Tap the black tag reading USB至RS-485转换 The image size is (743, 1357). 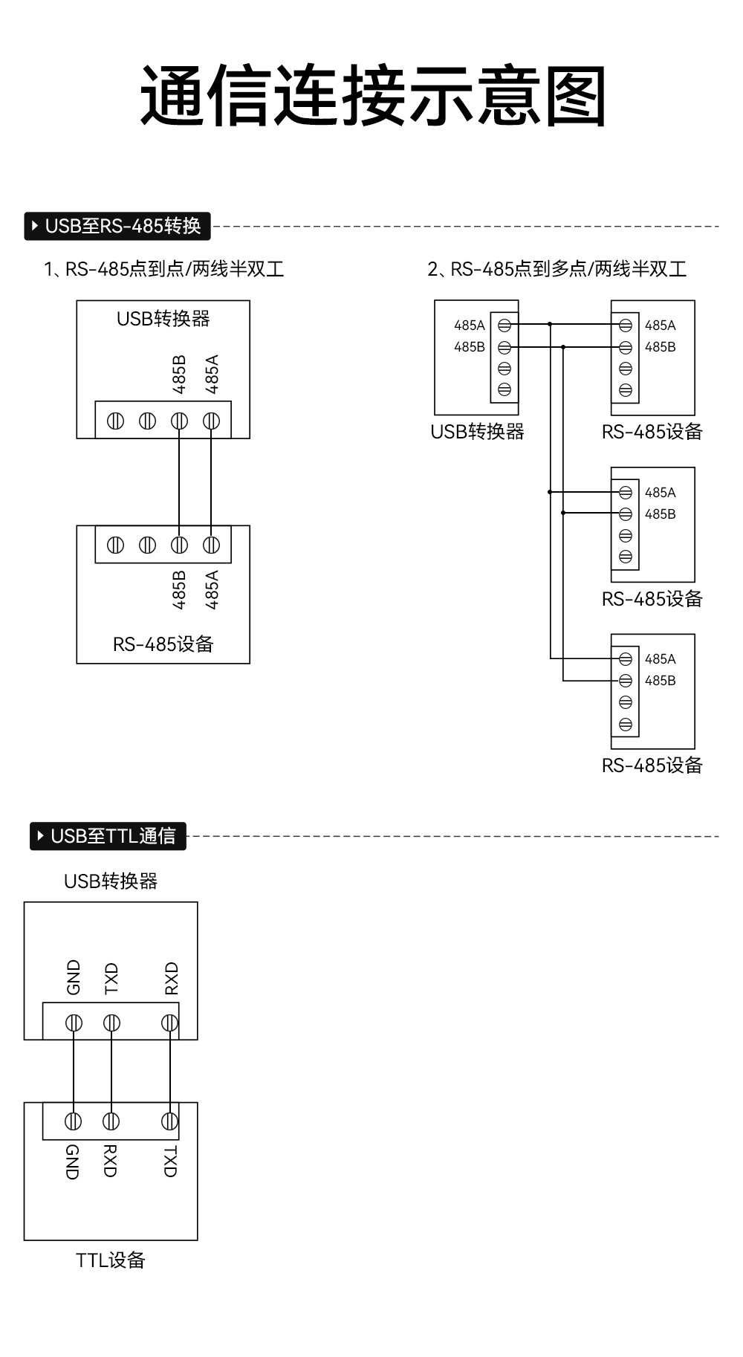(x=117, y=226)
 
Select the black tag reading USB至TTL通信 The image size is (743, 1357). (x=108, y=836)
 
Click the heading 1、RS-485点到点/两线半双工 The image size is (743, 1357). (x=163, y=269)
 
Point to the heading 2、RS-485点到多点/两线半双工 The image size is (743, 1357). (x=557, y=269)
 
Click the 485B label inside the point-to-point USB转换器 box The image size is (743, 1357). (x=179, y=375)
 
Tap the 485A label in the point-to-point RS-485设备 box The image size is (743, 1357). (x=212, y=590)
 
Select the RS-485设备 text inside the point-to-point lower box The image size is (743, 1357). (x=163, y=644)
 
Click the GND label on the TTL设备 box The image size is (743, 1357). (x=73, y=1162)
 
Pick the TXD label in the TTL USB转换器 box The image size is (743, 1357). (x=111, y=979)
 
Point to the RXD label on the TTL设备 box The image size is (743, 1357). (x=110, y=1162)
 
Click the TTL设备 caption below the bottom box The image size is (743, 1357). (x=110, y=1260)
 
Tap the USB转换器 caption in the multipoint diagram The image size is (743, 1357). (x=477, y=432)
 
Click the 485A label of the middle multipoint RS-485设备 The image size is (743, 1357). (x=660, y=493)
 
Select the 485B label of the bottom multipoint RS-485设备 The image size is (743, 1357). (x=660, y=681)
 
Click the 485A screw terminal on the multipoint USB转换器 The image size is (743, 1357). (x=504, y=325)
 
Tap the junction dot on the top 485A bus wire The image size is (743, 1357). (x=550, y=324)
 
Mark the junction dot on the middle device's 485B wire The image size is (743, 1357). (x=563, y=513)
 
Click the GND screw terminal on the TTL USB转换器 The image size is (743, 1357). (x=74, y=1023)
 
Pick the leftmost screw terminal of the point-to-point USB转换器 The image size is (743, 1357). (x=115, y=421)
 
